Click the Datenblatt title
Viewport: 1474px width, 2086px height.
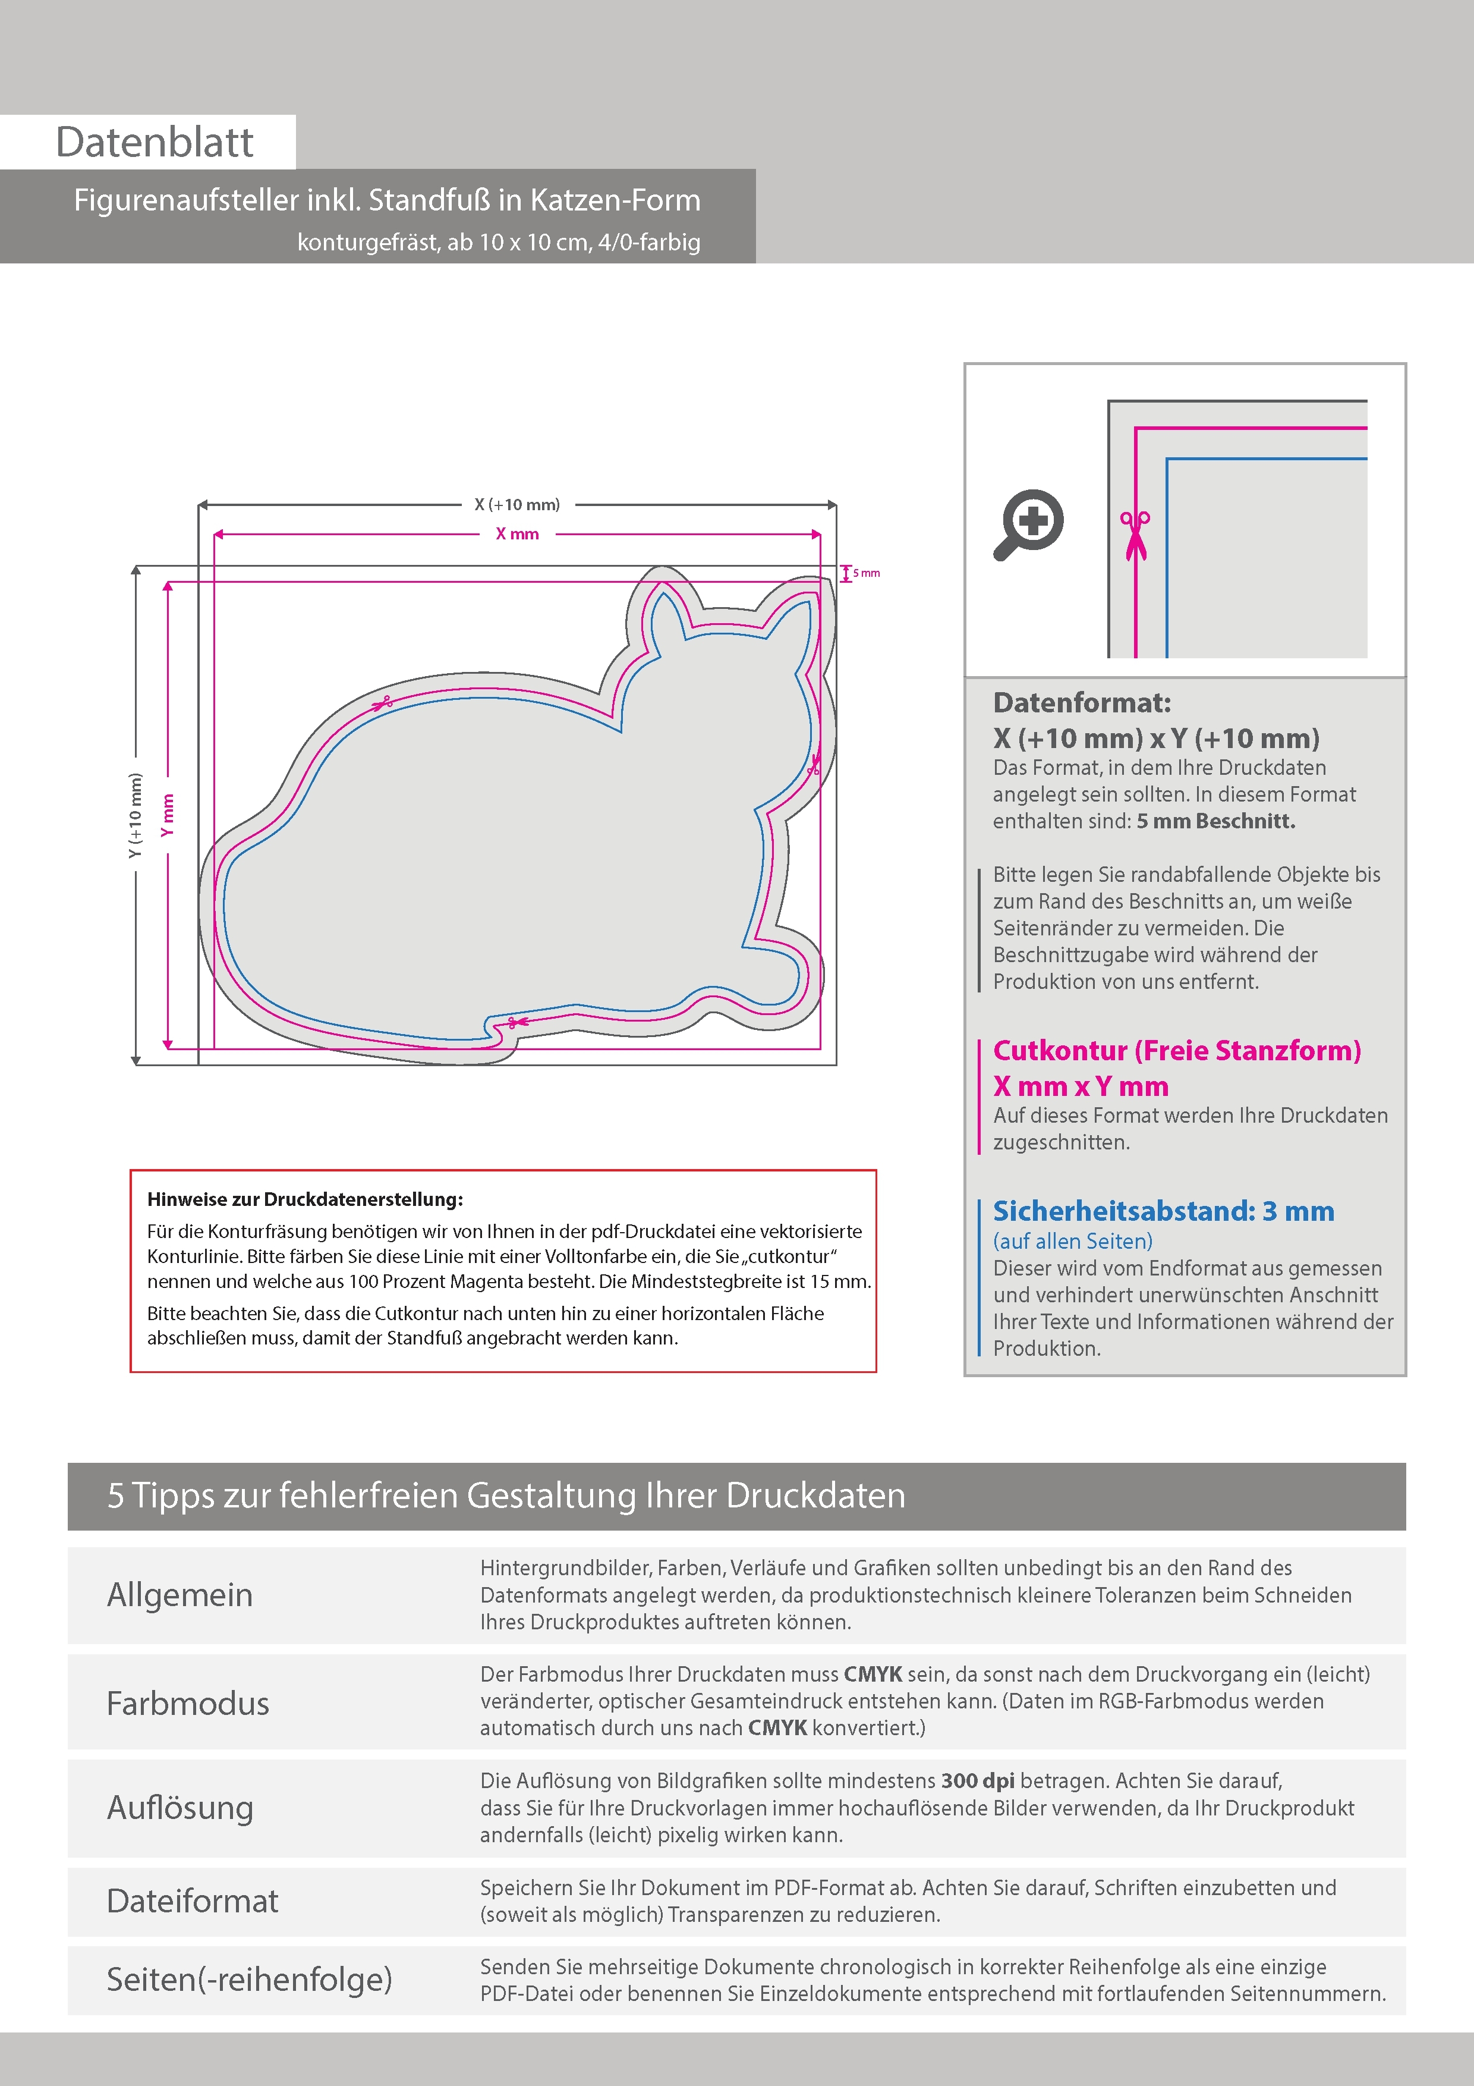(155, 143)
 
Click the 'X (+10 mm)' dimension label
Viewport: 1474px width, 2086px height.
(516, 504)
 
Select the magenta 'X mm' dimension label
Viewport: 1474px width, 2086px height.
(516, 534)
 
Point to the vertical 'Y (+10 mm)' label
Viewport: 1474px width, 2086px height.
(136, 815)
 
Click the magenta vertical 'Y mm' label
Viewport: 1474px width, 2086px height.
(167, 815)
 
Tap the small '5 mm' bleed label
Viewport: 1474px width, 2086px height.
(865, 573)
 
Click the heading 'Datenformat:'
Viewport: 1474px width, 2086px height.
(1082, 702)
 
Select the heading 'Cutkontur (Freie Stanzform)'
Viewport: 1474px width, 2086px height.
(1176, 1050)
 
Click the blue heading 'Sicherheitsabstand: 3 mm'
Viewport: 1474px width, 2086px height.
(1163, 1211)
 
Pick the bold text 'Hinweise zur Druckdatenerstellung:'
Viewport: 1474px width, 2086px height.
(305, 1199)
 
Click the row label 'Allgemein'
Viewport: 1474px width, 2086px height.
(180, 1594)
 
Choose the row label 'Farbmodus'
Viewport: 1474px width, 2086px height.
(188, 1702)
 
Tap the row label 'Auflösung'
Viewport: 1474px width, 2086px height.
(180, 1807)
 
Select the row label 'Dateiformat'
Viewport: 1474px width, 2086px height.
(193, 1900)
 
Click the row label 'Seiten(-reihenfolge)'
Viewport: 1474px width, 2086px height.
(249, 1979)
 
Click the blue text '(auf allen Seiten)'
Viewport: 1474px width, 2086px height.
(1073, 1241)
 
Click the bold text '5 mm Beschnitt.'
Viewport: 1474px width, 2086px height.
(1215, 821)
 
